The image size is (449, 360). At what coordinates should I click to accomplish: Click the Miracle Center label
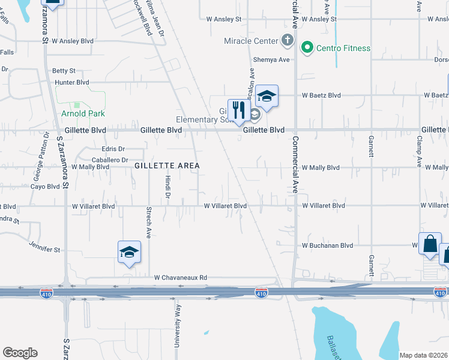pyautogui.click(x=251, y=41)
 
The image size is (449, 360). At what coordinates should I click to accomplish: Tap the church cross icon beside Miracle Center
pyautogui.click(x=288, y=41)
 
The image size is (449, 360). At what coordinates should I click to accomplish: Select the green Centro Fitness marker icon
pyautogui.click(x=308, y=47)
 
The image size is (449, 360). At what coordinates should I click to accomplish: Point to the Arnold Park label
pyautogui.click(x=83, y=113)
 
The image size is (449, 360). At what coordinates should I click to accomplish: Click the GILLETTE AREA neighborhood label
pyautogui.click(x=166, y=165)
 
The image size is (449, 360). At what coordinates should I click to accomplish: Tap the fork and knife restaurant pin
pyautogui.click(x=239, y=110)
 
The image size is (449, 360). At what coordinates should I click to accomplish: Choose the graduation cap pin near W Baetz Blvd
pyautogui.click(x=267, y=96)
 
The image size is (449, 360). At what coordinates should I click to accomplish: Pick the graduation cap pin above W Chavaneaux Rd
pyautogui.click(x=129, y=252)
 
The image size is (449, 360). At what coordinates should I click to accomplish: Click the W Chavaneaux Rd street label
pyautogui.click(x=180, y=278)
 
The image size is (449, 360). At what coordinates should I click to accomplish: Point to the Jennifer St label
pyautogui.click(x=45, y=247)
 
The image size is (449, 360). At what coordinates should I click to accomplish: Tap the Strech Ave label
pyautogui.click(x=148, y=223)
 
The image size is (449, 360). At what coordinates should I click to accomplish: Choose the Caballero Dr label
pyautogui.click(x=110, y=160)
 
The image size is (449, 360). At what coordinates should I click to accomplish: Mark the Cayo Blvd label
pyautogui.click(x=45, y=187)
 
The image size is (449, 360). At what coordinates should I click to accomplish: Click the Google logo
pyautogui.click(x=20, y=353)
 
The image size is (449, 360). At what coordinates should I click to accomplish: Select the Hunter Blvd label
pyautogui.click(x=71, y=82)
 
